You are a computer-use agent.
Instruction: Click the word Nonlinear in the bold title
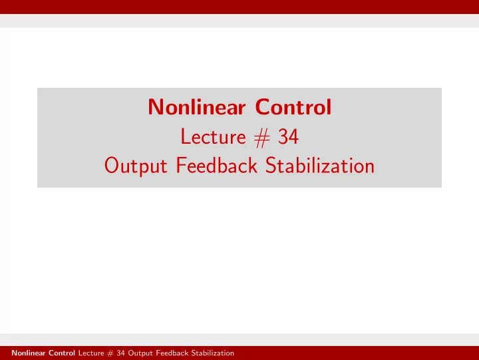click(197, 107)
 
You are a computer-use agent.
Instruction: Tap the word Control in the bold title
click(293, 107)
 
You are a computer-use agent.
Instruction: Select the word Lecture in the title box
click(214, 136)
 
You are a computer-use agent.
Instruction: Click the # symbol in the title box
click(262, 138)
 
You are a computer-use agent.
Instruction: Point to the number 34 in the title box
click(288, 136)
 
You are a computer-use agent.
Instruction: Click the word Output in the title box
click(136, 166)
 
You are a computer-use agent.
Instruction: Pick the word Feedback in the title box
click(217, 165)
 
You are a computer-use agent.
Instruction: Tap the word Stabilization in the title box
click(320, 165)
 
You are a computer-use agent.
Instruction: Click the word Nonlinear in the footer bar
click(29, 353)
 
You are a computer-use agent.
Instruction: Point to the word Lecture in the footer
click(91, 353)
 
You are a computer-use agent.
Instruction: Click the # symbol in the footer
click(110, 353)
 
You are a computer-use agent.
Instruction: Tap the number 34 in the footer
click(120, 353)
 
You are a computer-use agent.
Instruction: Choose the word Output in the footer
click(140, 353)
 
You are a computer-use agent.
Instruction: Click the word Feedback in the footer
click(172, 353)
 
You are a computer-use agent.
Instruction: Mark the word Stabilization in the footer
click(213, 353)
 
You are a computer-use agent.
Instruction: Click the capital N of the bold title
click(155, 107)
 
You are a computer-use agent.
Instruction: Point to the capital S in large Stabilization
click(271, 165)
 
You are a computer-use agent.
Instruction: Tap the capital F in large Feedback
click(181, 165)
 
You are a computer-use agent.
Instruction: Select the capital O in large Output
click(112, 165)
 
